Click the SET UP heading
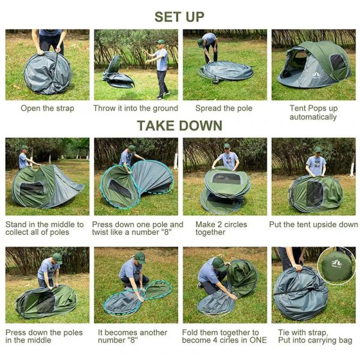pos(179,16)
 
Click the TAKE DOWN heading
pos(179,125)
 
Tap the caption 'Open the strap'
pos(47,109)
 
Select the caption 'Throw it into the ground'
pos(136,109)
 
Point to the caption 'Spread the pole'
pos(224,109)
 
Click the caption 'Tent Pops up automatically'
pos(313,113)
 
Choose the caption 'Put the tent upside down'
pos(314,225)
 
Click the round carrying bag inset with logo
pos(337,265)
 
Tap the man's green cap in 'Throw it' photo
pos(160,42)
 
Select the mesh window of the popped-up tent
pos(338,62)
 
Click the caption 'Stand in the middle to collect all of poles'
pos(45,229)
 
